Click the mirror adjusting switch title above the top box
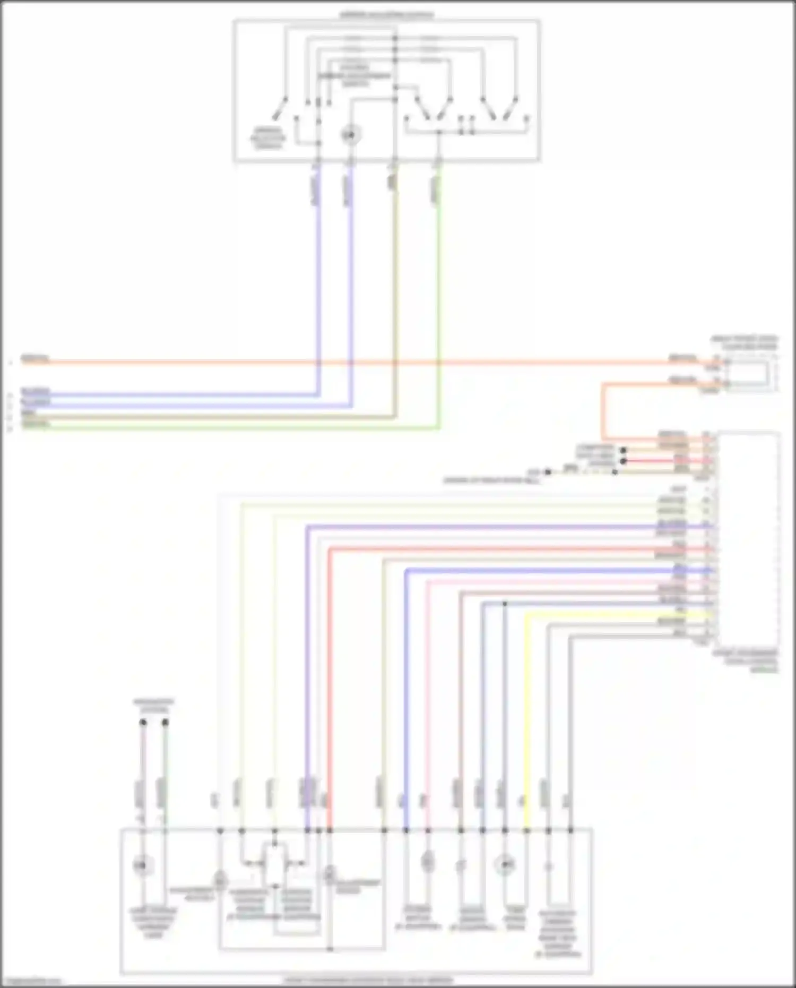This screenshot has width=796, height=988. [386, 15]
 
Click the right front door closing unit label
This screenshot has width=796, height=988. [744, 342]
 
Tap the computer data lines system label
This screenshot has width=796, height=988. [595, 456]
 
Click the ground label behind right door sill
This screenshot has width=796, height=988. [491, 481]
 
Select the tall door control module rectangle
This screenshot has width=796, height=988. [748, 536]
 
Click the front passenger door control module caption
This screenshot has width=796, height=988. [745, 660]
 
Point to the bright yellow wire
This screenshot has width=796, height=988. [527, 717]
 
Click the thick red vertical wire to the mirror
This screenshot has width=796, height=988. [330, 664]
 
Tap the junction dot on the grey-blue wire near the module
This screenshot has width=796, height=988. [505, 604]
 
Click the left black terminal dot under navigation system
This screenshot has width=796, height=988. [143, 722]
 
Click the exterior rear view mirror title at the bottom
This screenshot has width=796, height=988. [368, 980]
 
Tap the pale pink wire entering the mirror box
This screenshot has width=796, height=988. [428, 690]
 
